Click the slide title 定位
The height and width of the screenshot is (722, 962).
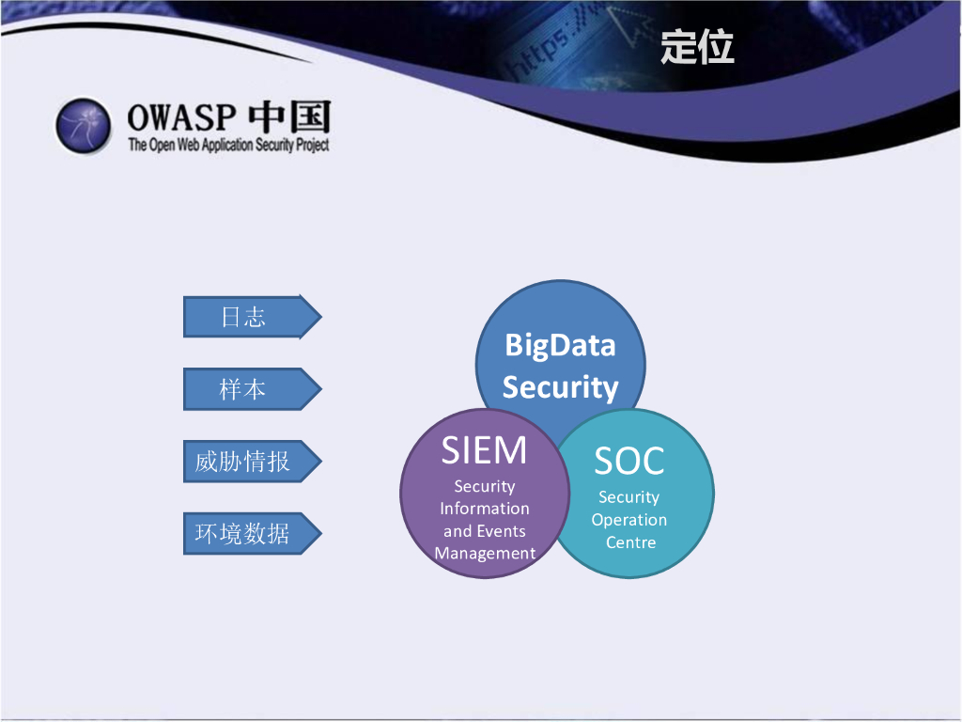697,47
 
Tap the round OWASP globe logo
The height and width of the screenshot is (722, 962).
84,125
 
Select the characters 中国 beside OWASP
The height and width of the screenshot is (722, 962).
289,117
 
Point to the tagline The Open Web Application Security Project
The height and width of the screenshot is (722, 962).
228,145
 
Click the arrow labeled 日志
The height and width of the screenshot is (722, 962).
252,317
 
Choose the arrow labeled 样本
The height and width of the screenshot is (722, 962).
252,388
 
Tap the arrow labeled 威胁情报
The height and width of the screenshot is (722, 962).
252,461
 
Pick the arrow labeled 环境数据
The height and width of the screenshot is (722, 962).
252,533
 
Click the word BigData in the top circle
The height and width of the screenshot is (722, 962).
560,346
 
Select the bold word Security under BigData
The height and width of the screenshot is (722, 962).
560,387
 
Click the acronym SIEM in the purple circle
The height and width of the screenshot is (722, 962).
484,450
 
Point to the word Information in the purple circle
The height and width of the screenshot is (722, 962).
485,509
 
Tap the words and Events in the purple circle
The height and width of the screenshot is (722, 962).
485,531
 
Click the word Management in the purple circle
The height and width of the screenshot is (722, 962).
485,554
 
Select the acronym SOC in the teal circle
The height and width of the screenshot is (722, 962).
629,461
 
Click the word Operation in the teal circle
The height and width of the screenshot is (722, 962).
629,520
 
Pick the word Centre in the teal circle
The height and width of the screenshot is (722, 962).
630,542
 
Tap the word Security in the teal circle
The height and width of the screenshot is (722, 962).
628,497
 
